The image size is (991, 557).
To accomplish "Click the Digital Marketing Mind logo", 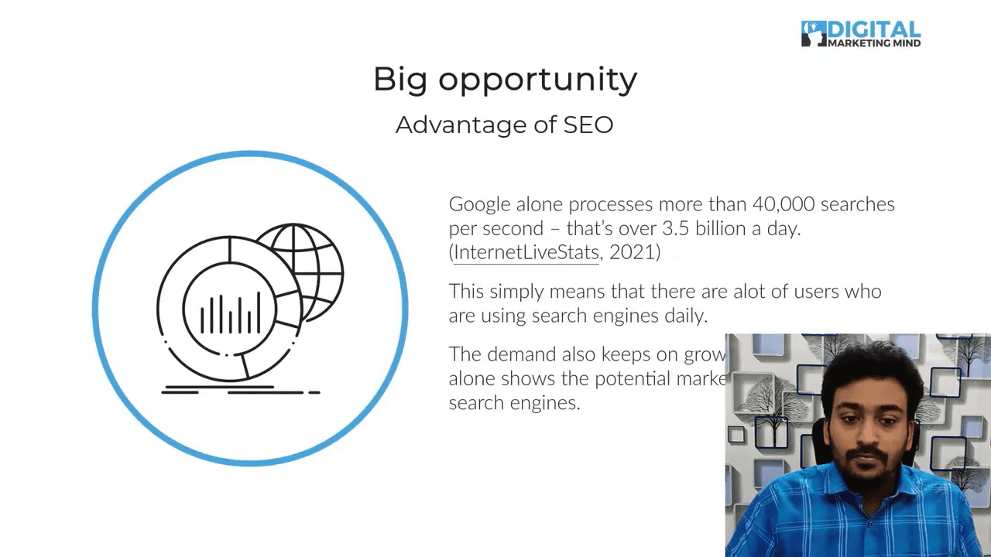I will (x=860, y=34).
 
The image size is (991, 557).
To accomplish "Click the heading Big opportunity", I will (x=505, y=79).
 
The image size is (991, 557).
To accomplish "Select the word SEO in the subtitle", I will (x=588, y=125).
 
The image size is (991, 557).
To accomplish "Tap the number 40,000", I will (x=783, y=204).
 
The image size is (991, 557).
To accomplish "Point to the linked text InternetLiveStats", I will (x=526, y=252).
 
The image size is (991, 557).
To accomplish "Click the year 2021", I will (x=632, y=252).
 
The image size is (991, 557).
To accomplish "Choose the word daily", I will (x=684, y=316).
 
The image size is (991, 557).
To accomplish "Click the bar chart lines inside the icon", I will (x=229, y=314).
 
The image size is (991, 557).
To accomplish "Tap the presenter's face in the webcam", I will (x=866, y=422).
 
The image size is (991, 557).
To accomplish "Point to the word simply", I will (x=516, y=292).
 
